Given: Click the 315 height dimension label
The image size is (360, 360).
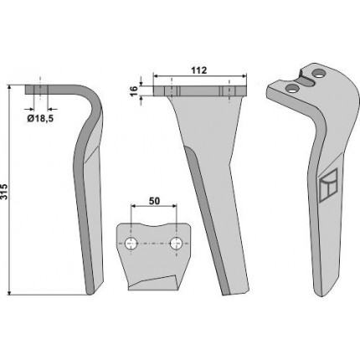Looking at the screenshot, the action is [4, 192].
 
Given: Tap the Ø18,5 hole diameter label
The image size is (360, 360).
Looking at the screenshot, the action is [40, 119].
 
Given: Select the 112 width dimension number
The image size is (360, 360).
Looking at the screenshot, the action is [199, 70].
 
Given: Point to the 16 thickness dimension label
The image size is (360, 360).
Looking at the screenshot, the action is [134, 90].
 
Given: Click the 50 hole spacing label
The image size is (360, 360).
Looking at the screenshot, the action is [154, 201].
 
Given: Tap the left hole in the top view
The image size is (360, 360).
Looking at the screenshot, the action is [131, 244].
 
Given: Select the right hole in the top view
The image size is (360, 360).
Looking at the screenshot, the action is [177, 244].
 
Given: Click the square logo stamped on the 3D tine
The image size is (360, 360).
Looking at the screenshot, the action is [328, 184].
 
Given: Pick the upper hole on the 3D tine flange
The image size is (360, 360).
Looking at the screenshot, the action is [319, 75].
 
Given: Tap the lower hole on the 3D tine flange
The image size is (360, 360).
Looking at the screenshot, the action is [293, 89].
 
